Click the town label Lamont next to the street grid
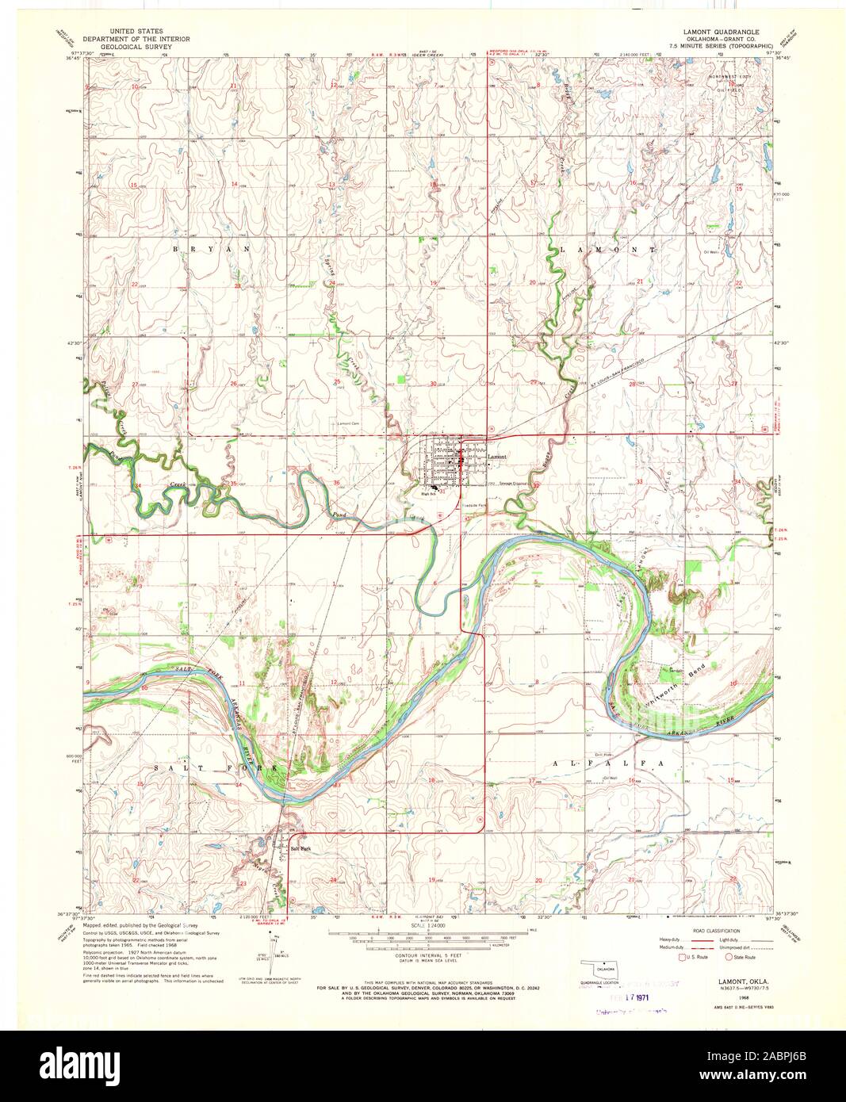(496, 457)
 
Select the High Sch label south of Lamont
(429, 492)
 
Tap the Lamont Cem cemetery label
(349, 424)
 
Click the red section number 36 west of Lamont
(336, 483)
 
